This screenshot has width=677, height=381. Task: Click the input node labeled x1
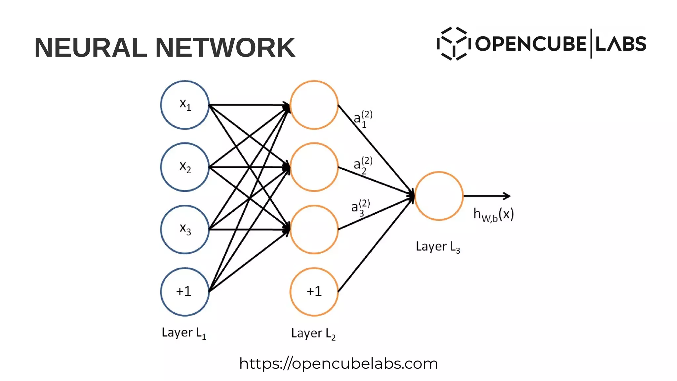click(x=185, y=105)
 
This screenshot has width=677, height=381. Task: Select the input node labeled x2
click(x=185, y=167)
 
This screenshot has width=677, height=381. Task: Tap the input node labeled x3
click(x=185, y=230)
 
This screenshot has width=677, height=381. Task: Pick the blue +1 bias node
click(x=185, y=292)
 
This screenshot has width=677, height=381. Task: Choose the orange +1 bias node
click(x=314, y=292)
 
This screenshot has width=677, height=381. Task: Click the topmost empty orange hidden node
click(x=314, y=105)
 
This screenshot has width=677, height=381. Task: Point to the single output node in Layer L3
click(x=439, y=196)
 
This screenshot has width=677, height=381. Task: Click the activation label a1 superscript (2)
click(x=363, y=119)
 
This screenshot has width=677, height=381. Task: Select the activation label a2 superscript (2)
click(x=363, y=165)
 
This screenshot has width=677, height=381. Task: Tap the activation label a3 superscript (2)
click(x=360, y=207)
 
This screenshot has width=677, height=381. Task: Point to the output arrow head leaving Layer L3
click(x=507, y=196)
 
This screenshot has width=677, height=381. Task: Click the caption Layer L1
click(x=184, y=333)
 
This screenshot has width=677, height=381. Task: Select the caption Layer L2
click(x=313, y=333)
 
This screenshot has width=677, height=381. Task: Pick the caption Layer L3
click(x=438, y=247)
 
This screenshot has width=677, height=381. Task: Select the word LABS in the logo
click(x=620, y=44)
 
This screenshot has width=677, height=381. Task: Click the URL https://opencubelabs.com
click(x=338, y=363)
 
